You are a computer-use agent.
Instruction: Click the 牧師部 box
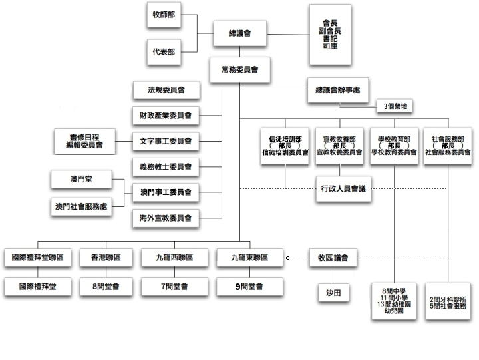(x=164, y=15)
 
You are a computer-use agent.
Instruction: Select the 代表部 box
(x=164, y=51)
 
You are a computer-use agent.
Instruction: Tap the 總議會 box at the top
(x=239, y=33)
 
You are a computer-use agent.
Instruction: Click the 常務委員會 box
(x=239, y=69)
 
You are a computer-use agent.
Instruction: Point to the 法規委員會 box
(x=166, y=89)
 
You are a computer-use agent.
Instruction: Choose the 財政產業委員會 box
(x=166, y=115)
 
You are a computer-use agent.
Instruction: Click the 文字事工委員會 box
(x=166, y=141)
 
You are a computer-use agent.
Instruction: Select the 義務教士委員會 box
(x=166, y=166)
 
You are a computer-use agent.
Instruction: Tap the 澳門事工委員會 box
(x=166, y=192)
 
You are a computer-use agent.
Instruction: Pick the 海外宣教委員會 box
(x=166, y=218)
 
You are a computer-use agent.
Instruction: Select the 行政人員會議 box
(x=342, y=189)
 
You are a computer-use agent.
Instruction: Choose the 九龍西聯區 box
(x=174, y=257)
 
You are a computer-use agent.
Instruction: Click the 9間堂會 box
(x=249, y=287)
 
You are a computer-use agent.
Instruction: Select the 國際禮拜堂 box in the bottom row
(x=37, y=287)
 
